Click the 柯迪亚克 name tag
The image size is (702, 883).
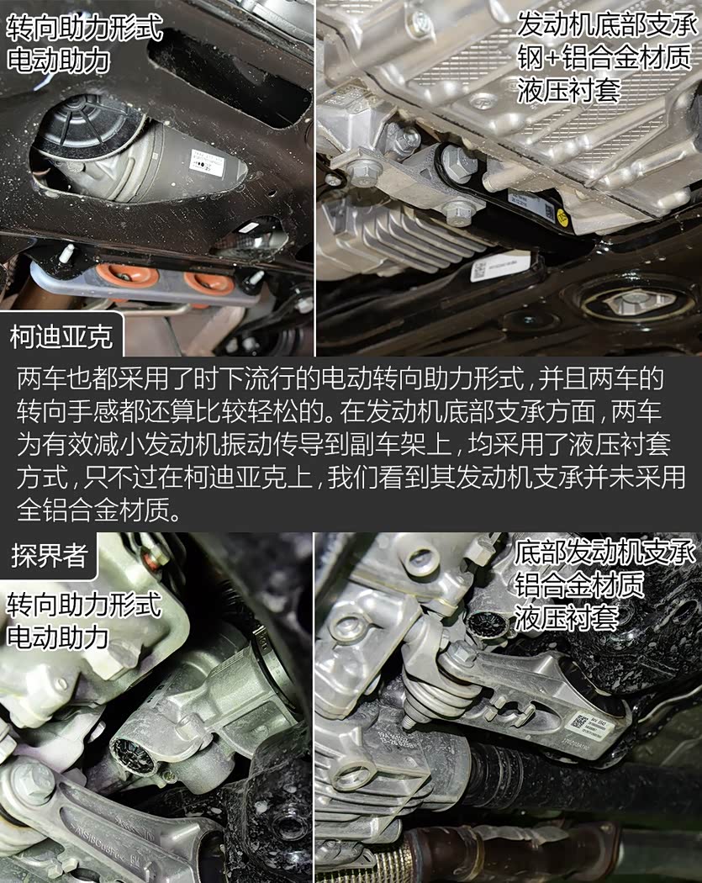tap(61, 336)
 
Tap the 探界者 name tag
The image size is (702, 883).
tap(49, 555)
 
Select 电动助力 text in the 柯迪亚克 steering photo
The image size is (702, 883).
tap(58, 61)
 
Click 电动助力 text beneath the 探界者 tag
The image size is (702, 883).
tap(57, 637)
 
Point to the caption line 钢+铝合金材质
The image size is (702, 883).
tap(604, 57)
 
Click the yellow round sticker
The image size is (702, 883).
tap(562, 217)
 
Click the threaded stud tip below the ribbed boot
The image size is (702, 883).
tap(406, 722)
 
